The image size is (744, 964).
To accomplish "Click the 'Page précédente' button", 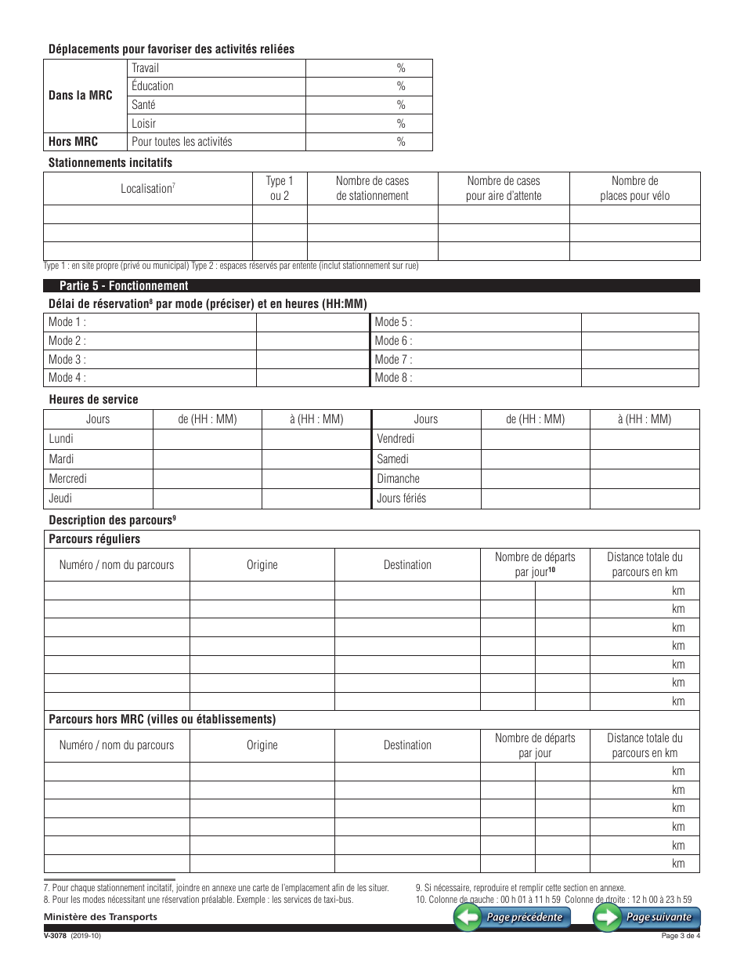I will click(x=513, y=918).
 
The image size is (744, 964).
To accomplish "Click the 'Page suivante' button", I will click(x=647, y=918).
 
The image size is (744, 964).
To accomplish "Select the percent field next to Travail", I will click(x=368, y=68).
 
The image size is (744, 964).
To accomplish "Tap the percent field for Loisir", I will click(x=368, y=124).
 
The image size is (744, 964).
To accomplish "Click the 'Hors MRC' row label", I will click(x=73, y=142).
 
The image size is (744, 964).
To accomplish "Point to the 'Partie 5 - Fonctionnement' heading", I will click(x=124, y=286).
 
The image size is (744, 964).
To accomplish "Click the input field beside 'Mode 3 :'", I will click(x=312, y=360).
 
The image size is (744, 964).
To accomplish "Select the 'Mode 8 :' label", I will click(x=393, y=378).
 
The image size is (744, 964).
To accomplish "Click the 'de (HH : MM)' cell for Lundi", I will click(x=207, y=440).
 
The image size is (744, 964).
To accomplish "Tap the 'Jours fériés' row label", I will click(x=401, y=498).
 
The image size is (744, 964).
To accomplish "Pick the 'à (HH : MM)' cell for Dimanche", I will click(x=644, y=479).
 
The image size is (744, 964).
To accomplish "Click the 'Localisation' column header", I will click(x=147, y=189).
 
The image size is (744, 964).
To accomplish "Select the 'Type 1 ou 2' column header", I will click(x=280, y=189).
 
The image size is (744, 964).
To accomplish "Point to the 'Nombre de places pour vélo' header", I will click(x=634, y=189).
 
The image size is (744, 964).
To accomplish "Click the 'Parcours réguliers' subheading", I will click(x=95, y=539).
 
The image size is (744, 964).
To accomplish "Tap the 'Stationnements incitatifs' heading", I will click(x=110, y=163).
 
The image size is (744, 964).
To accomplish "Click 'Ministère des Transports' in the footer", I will click(x=100, y=917).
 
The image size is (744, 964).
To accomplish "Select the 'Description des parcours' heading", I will click(x=111, y=520).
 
